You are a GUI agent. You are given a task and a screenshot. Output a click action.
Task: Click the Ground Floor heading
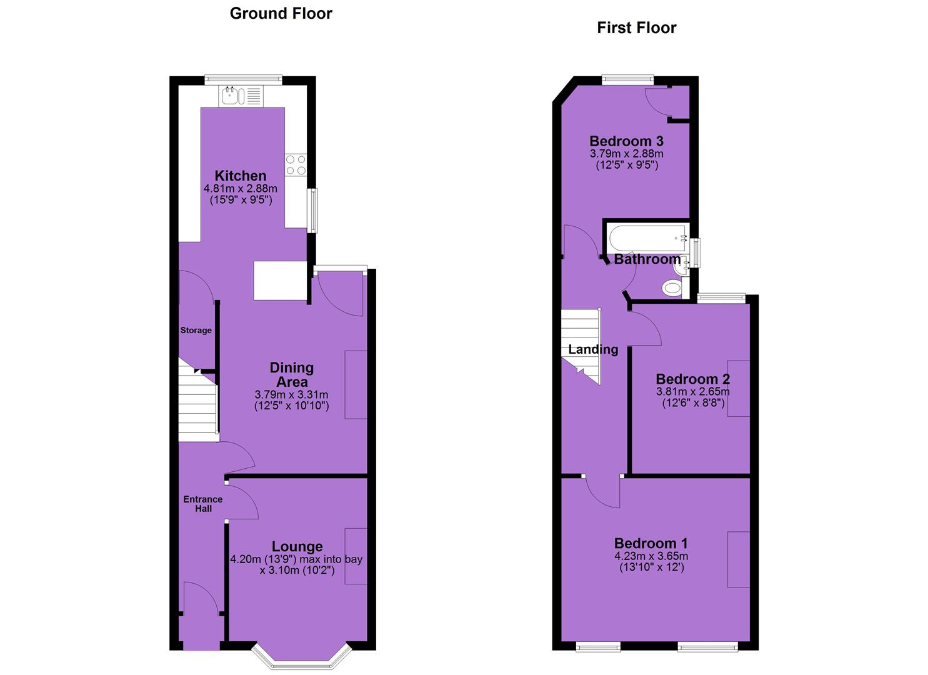tap(281, 14)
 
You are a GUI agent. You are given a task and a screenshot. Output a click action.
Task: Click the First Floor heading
tap(636, 28)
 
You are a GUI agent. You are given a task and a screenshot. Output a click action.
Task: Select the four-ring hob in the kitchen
tap(296, 165)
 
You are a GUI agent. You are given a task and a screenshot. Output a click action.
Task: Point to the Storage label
tap(196, 330)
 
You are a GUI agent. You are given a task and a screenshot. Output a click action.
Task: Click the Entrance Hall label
tap(203, 504)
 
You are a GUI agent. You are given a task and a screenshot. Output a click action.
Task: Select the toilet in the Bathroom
tap(672, 288)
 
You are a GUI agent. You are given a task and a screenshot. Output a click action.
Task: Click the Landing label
tap(593, 349)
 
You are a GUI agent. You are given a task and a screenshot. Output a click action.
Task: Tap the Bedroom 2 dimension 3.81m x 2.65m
tap(692, 392)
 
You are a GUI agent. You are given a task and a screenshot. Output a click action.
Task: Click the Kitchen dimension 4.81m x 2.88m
tap(241, 189)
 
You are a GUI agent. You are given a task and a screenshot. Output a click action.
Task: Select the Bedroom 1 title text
tap(651, 543)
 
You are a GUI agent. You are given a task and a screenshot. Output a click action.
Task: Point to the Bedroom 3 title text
tap(626, 141)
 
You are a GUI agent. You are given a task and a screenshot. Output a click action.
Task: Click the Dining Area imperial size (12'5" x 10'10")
tap(292, 406)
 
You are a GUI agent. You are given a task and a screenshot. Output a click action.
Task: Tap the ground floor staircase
tap(198, 400)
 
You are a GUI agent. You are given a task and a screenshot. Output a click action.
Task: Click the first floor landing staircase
tap(581, 346)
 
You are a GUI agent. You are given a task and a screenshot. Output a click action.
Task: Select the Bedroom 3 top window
tap(628, 79)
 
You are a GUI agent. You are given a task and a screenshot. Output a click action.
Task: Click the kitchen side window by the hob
tap(314, 211)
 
